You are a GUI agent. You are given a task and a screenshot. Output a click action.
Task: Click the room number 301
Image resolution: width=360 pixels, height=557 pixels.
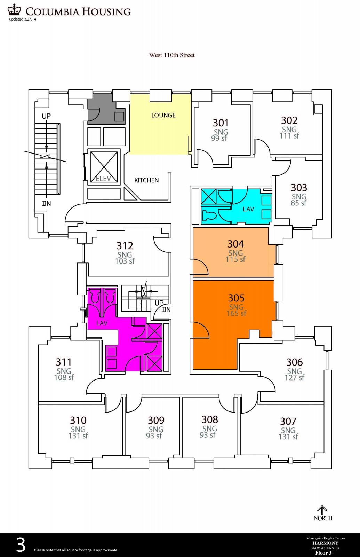[x=221, y=123]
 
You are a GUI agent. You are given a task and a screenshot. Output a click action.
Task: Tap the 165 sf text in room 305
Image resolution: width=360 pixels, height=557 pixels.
[x=236, y=313]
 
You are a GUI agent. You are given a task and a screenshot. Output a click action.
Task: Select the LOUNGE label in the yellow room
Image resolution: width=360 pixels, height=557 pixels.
[x=163, y=115]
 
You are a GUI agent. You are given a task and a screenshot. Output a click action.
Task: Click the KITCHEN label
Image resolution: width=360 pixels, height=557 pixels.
[x=146, y=180]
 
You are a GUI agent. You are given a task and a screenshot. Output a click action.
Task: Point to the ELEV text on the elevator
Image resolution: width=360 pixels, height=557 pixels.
[x=103, y=179]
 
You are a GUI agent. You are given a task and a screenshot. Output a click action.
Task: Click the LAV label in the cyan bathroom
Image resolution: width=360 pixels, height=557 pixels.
[x=248, y=209]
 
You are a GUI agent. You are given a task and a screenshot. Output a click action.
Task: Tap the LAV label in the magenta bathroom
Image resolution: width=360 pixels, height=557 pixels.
[x=102, y=323]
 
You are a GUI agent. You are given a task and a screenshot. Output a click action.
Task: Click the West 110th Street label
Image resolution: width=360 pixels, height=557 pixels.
[x=172, y=55]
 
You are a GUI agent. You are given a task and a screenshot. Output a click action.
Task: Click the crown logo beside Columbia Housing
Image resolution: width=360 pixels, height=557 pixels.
[x=14, y=10]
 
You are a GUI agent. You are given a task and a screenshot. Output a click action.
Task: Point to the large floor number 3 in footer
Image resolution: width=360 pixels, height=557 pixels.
[x=21, y=545]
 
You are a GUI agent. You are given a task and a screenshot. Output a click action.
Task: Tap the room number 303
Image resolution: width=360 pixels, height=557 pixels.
[x=299, y=188]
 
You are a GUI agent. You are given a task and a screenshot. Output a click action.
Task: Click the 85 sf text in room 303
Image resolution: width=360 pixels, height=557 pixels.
[x=298, y=203]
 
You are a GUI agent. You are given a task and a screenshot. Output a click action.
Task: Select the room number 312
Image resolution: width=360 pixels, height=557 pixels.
[x=125, y=246]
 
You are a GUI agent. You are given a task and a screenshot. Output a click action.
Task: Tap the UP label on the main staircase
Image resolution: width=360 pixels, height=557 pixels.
[x=46, y=116]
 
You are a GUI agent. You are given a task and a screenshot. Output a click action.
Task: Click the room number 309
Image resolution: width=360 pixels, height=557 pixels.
[x=156, y=421]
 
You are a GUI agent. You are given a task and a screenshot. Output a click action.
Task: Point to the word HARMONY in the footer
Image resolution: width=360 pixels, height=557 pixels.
[x=325, y=543]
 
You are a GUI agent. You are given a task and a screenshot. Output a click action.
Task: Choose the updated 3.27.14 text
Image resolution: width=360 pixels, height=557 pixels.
[x=23, y=19]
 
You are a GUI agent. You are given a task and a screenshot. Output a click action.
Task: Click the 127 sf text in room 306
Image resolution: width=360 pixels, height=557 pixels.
[x=294, y=377]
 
